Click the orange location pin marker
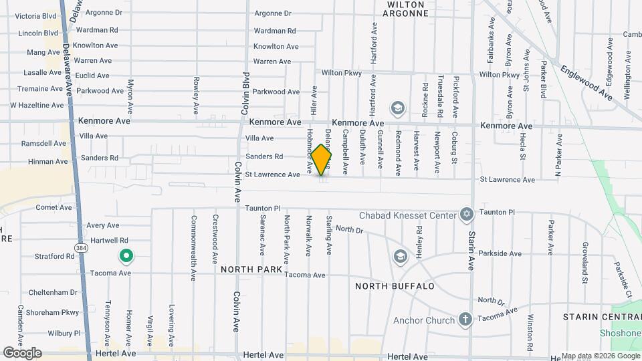click(321, 160)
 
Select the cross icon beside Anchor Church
click(465, 320)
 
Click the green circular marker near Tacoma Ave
click(125, 255)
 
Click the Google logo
click(22, 352)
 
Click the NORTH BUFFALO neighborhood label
click(395, 286)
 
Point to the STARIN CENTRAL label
click(601, 316)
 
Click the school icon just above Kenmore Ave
click(397, 108)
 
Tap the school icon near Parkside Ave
click(400, 256)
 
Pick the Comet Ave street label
click(53, 207)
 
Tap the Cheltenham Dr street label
click(53, 292)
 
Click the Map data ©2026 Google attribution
click(600, 356)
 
